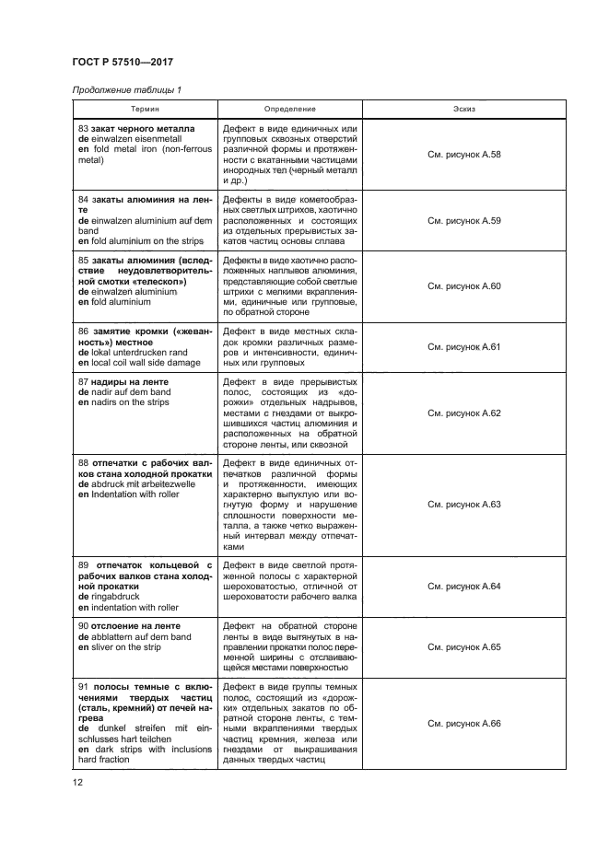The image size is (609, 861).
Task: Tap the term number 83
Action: tap(84, 128)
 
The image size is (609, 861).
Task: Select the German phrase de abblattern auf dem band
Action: tap(135, 636)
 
